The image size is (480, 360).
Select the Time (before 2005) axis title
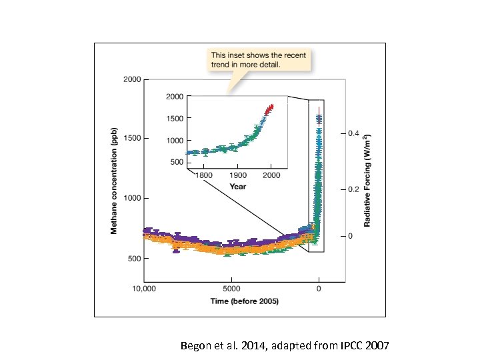pyautogui.click(x=244, y=301)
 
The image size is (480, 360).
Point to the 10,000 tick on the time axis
pyautogui.click(x=144, y=289)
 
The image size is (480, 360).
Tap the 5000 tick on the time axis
pyautogui.click(x=231, y=289)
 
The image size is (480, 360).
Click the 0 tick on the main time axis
pyautogui.click(x=319, y=289)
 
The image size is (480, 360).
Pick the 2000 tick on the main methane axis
pyautogui.click(x=131, y=79)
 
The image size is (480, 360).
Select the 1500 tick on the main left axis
pyautogui.click(x=131, y=139)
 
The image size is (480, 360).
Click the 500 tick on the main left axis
pyautogui.click(x=133, y=258)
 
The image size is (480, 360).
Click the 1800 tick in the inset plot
pyautogui.click(x=203, y=175)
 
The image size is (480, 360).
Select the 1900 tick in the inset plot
pyautogui.click(x=237, y=175)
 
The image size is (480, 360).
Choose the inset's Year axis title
pyautogui.click(x=237, y=186)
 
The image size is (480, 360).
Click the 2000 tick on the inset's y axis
pyautogui.click(x=175, y=97)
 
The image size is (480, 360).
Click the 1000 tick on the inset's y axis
pyautogui.click(x=175, y=140)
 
